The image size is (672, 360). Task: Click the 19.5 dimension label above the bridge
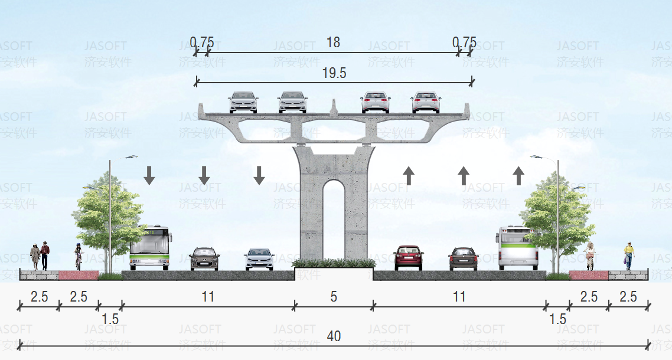[334, 73]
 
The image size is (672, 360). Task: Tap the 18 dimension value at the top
[333, 42]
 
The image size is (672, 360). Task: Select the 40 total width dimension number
[334, 336]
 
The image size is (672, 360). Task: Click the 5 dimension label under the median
[334, 296]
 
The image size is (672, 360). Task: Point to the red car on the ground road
[408, 257]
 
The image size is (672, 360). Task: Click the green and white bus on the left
[151, 247]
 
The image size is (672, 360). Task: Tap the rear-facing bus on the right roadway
[518, 247]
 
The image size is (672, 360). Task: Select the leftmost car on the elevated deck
[243, 102]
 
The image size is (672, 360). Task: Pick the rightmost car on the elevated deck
[426, 102]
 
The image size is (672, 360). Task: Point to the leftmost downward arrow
[149, 175]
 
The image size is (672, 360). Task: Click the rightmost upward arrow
[518, 175]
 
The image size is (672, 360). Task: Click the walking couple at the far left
[40, 256]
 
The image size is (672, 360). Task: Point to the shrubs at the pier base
[334, 263]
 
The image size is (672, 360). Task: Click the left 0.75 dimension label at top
[201, 42]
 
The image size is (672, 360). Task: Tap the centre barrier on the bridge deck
[334, 107]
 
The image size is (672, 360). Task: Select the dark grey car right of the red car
[463, 258]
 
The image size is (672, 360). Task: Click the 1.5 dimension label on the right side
[557, 319]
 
